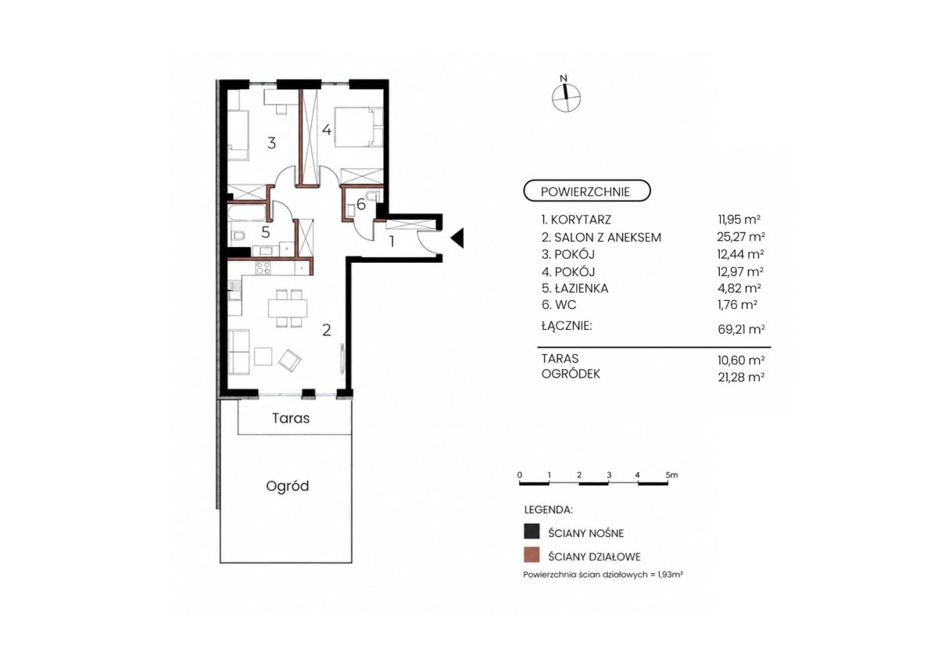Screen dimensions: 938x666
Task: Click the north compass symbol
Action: coord(566,98)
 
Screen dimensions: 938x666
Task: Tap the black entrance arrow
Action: coord(457,238)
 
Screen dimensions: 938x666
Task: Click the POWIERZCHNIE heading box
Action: coord(587,192)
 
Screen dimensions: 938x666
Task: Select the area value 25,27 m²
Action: coord(741,237)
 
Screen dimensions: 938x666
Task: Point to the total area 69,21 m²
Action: coord(741,329)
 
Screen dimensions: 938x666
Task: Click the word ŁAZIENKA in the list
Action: coord(582,288)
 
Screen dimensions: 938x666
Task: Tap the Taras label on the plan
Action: coord(291,418)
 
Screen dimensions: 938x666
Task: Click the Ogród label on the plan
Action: coord(288,486)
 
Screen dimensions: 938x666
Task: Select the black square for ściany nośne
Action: coord(532,531)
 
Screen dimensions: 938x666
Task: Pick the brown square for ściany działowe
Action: coord(532,554)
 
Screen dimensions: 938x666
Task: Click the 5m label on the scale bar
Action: coord(671,475)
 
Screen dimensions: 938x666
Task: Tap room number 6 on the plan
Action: coord(361,204)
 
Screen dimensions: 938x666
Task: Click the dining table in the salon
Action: coord(288,308)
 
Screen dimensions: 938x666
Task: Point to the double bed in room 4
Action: coord(359,127)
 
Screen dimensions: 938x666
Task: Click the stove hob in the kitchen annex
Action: coord(263,267)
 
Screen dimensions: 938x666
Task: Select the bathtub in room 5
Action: coord(246,212)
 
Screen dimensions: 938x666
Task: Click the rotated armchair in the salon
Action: coord(290,360)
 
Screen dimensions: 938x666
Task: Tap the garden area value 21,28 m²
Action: coord(741,378)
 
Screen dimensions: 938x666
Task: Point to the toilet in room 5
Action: coord(238,236)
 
